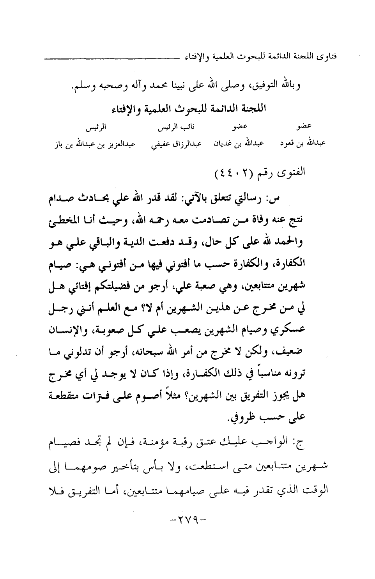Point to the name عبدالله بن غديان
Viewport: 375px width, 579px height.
[x=239, y=144]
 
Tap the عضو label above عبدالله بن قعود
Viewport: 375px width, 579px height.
[x=304, y=127]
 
